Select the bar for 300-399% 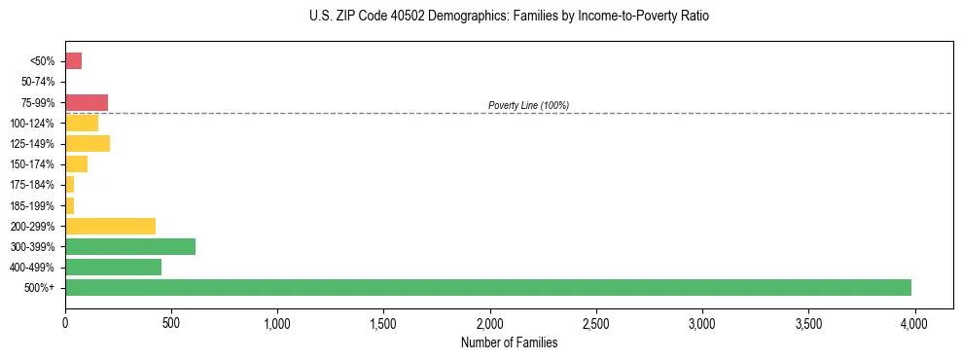coord(130,246)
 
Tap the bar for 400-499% coord(113,267)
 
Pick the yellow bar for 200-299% coord(110,226)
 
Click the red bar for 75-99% coord(87,102)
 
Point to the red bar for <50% coord(73,61)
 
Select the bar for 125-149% coord(88,144)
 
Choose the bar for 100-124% coord(82,123)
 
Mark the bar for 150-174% coord(76,164)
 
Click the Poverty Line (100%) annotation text coord(528,105)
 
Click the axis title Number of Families coord(509,342)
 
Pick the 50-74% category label coord(39,82)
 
